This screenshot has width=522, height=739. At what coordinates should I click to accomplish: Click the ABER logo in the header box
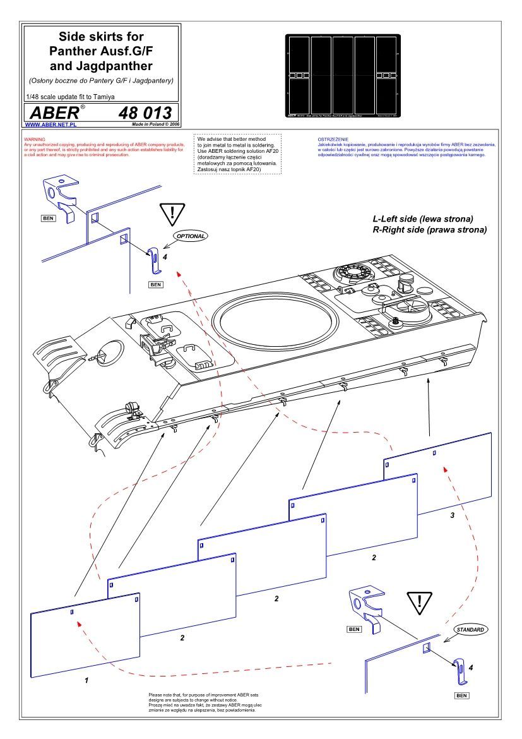click(54, 113)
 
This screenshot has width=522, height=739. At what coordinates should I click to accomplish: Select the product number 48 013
click(145, 113)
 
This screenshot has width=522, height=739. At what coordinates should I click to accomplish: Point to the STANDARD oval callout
click(470, 630)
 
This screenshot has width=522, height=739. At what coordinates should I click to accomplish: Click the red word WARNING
click(33, 138)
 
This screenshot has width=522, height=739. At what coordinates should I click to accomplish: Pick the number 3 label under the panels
click(452, 516)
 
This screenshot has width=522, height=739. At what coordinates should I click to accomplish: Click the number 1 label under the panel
click(86, 682)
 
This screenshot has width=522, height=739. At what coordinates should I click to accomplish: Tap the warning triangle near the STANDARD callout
click(418, 605)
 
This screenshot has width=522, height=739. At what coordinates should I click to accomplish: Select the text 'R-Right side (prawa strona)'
click(430, 230)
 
